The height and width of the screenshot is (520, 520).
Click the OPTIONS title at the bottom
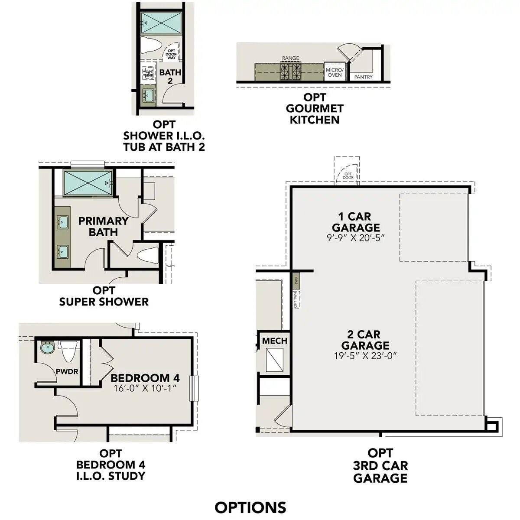[x=250, y=507]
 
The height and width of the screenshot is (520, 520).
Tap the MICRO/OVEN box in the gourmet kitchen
[x=335, y=72]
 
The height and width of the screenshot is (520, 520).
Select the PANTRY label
[x=363, y=77]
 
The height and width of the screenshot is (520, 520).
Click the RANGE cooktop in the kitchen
[x=290, y=71]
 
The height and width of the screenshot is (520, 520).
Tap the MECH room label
[x=274, y=341]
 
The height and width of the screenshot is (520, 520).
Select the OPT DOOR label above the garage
[x=348, y=176]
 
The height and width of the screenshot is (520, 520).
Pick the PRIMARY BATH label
[x=103, y=226]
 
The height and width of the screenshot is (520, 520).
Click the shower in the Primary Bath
[x=88, y=183]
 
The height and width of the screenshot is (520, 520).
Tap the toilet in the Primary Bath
[x=148, y=254]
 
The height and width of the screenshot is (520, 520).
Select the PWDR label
[x=67, y=371]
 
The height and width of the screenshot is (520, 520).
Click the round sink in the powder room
[x=47, y=348]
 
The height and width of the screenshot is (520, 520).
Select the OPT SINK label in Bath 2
[x=149, y=74]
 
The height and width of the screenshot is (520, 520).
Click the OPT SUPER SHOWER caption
[x=104, y=296]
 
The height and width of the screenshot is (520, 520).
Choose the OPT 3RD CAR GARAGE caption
[x=380, y=465]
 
